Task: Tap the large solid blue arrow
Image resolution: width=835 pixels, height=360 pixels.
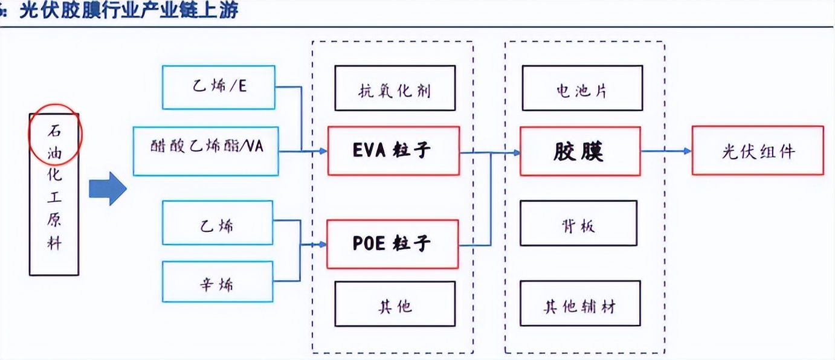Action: [x=108, y=189]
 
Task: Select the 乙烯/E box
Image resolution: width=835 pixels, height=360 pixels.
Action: [x=218, y=88]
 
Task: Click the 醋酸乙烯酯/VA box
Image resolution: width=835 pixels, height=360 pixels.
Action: [x=205, y=151]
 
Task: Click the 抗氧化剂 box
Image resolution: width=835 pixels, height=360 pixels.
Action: [x=395, y=88]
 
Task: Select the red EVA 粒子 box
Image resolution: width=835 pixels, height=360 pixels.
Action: [x=393, y=151]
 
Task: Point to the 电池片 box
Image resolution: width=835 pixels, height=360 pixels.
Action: [x=581, y=88]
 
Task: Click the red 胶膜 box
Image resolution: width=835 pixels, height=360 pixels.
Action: [x=579, y=151]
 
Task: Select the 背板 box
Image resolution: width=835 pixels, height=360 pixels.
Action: [x=578, y=223]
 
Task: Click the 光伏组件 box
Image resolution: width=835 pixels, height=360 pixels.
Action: [x=757, y=150]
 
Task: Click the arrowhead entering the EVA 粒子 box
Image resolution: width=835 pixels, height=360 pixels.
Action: [x=323, y=151]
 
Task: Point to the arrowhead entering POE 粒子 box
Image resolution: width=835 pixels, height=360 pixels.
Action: [x=321, y=245]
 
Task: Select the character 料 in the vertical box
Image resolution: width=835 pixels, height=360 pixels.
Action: [x=54, y=245]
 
